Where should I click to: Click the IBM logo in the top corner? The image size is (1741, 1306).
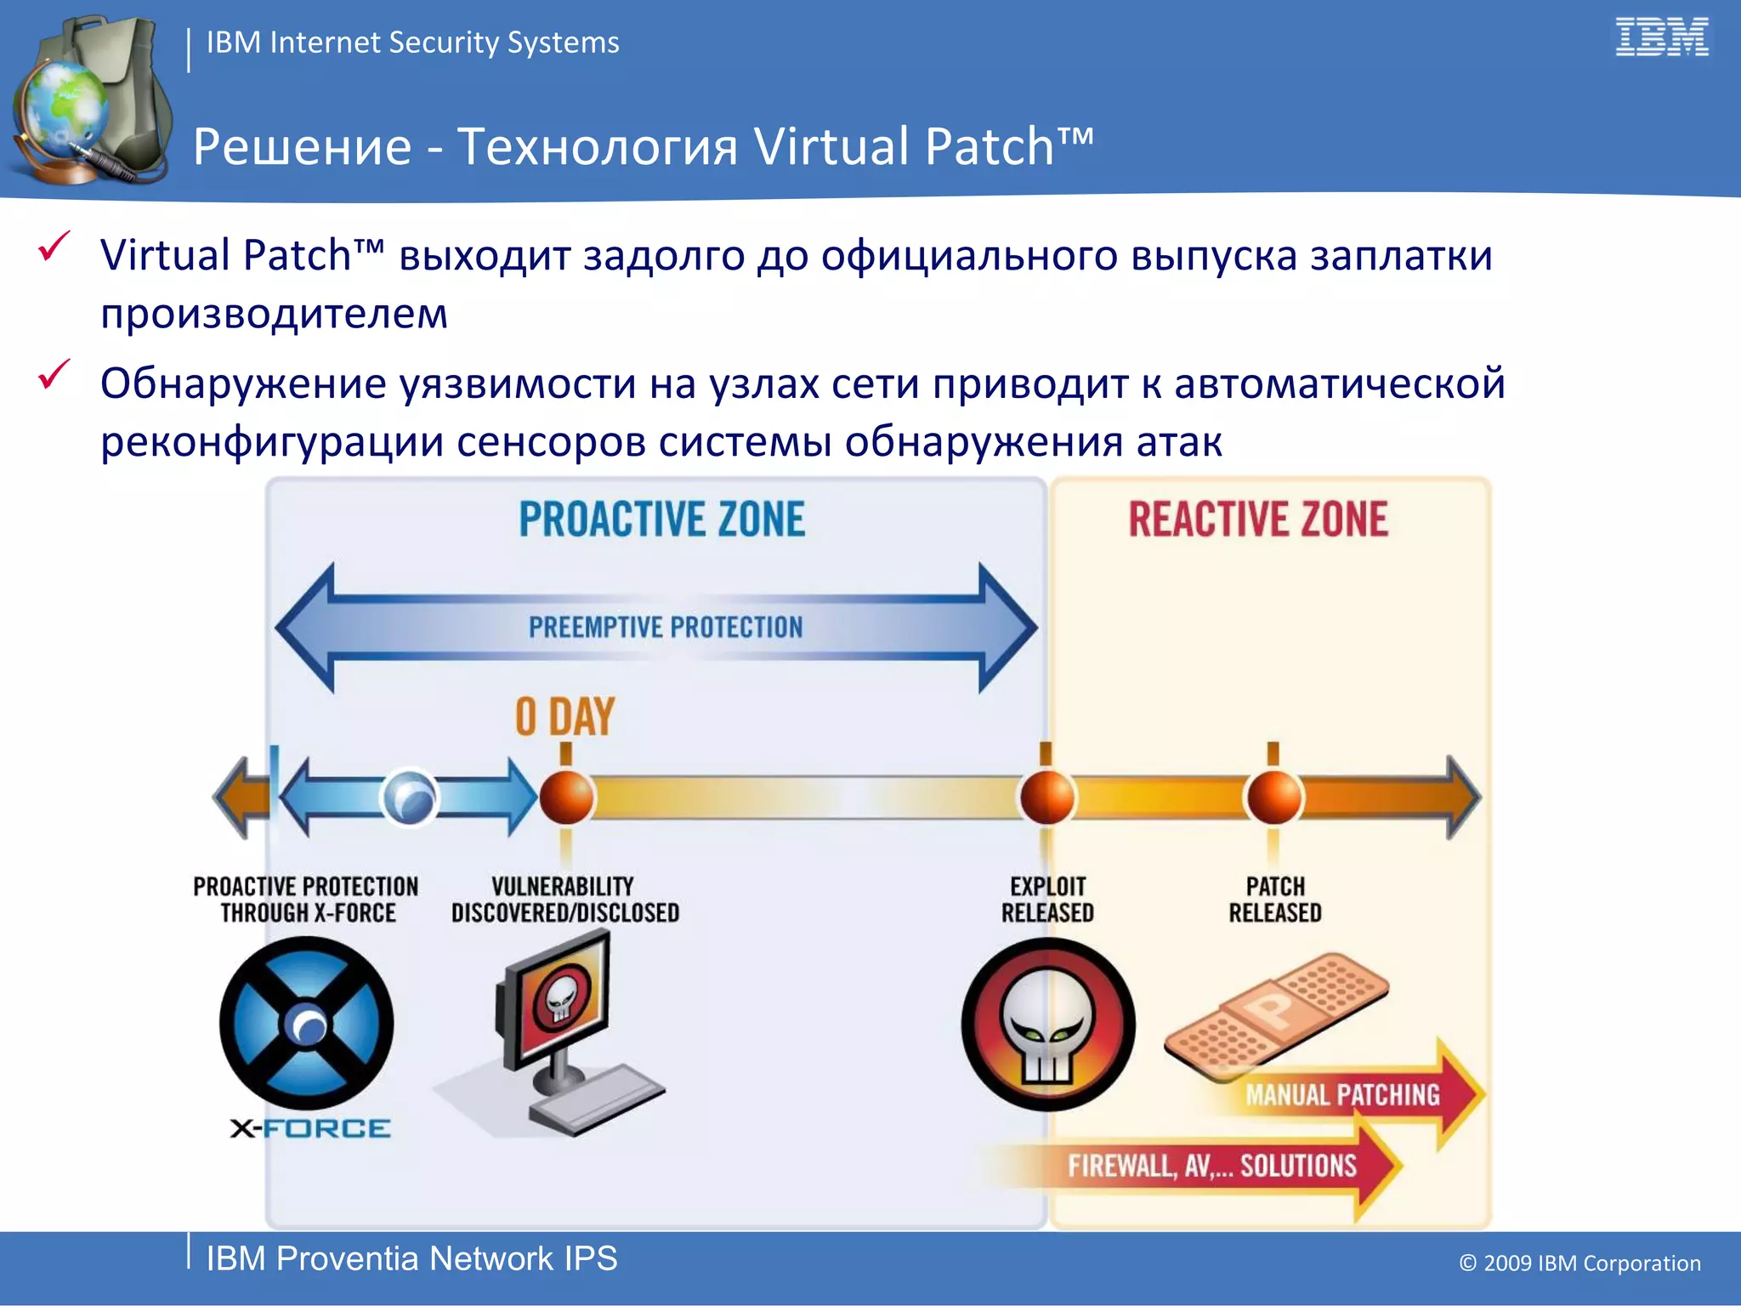click(x=1661, y=38)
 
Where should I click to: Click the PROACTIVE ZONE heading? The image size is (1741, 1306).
click(x=661, y=520)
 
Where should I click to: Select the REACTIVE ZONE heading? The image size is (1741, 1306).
click(x=1258, y=520)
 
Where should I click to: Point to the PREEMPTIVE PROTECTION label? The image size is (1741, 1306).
click(x=665, y=627)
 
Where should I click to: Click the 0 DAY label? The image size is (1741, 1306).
click(x=564, y=717)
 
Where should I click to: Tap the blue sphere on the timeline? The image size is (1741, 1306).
click(x=410, y=798)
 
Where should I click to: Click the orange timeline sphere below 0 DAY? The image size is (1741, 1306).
click(x=566, y=798)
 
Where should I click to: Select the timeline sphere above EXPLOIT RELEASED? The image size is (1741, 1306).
click(x=1047, y=798)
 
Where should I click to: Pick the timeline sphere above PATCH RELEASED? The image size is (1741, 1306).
click(x=1273, y=798)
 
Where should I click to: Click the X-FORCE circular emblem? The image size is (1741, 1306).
click(x=307, y=1024)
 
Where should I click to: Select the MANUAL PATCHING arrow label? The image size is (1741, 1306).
click(x=1343, y=1095)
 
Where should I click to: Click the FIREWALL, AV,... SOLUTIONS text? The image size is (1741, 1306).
click(x=1212, y=1166)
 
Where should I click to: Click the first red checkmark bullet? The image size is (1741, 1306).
click(x=54, y=247)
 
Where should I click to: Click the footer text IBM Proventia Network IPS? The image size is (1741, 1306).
click(x=411, y=1258)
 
